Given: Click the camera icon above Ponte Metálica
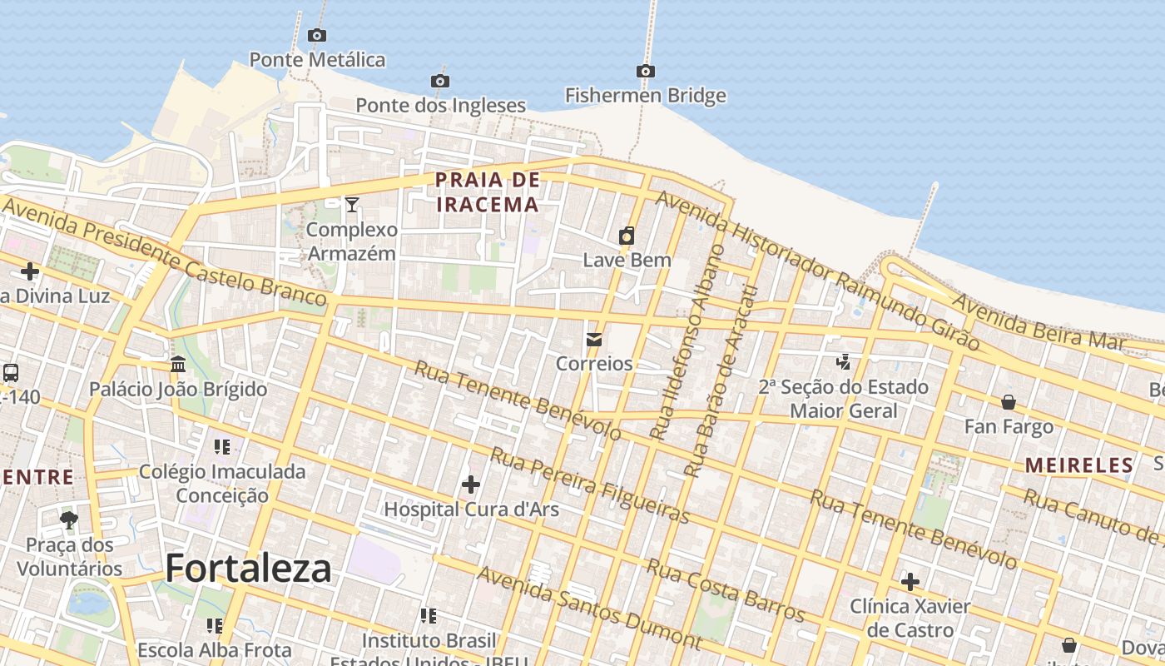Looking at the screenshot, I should point(316,35).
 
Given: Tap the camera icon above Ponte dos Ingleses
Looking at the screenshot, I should point(440,81).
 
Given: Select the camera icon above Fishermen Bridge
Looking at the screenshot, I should point(645,71).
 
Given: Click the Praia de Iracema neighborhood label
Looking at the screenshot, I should point(488,191).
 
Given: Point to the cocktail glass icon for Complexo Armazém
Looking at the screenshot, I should point(352,204).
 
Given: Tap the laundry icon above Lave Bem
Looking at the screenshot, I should point(627,236).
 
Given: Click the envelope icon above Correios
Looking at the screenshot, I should point(594,340).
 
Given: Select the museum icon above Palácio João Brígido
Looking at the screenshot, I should point(178,364).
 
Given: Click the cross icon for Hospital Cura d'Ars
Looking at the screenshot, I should point(471,484).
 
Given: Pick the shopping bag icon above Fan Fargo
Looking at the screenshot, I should point(1009,403).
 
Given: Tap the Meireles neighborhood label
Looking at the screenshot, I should point(1078,465).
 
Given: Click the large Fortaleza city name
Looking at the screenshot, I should point(248,569).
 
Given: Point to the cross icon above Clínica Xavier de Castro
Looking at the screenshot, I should point(910,581).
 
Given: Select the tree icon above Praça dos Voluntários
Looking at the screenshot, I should point(69,520).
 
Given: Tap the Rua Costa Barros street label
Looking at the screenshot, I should point(726,591).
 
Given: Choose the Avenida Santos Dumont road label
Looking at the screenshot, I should point(589,608).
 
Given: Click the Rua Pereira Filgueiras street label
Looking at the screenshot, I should point(589,485).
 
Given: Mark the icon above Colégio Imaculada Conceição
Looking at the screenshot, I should point(221,447).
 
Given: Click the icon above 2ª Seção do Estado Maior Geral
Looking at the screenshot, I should point(844,362).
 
